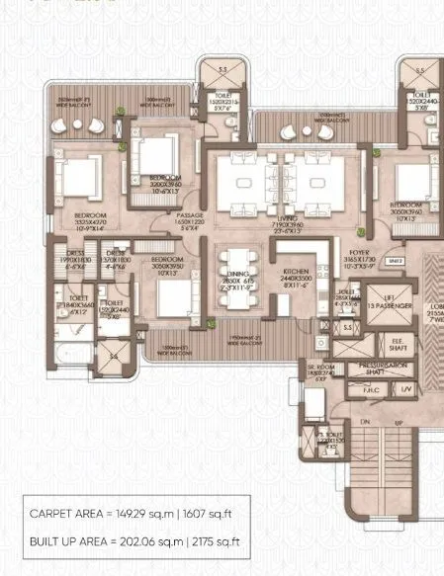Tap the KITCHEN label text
click(296, 271)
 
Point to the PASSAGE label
click(191, 215)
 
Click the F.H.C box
click(373, 389)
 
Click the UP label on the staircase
click(399, 423)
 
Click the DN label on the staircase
click(365, 423)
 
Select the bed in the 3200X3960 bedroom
click(156, 156)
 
